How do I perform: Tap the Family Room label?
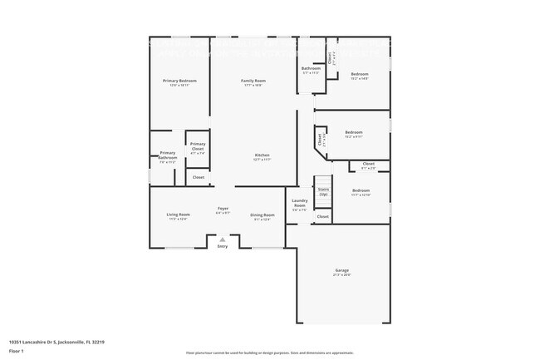click(x=253, y=81)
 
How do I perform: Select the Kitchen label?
click(x=263, y=155)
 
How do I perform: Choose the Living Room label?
click(x=179, y=215)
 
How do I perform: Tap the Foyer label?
click(x=223, y=209)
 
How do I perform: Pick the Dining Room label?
click(x=263, y=215)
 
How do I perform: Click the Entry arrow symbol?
click(x=222, y=239)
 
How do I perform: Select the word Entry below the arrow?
click(x=222, y=247)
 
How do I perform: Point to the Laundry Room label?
click(x=300, y=203)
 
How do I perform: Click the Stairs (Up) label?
click(x=323, y=192)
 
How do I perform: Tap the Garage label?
click(x=341, y=270)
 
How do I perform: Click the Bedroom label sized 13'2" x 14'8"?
click(x=359, y=74)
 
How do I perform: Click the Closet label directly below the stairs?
click(x=323, y=216)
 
